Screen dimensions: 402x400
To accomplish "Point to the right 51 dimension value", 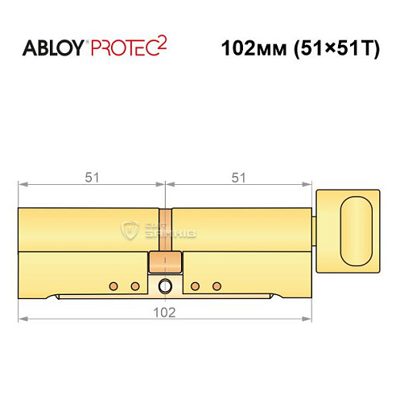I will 238,178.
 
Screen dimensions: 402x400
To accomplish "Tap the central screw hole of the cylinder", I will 165,285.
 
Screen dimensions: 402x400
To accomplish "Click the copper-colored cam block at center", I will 165,262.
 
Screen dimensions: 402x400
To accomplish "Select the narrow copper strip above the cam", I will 165,229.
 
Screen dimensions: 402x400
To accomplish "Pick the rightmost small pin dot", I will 215,285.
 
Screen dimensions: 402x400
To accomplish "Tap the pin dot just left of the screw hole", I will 134,285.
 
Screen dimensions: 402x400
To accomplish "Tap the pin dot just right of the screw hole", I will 195,285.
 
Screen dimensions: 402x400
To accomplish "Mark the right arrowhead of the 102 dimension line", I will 308,319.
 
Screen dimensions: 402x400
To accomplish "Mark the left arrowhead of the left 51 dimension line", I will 21,187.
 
